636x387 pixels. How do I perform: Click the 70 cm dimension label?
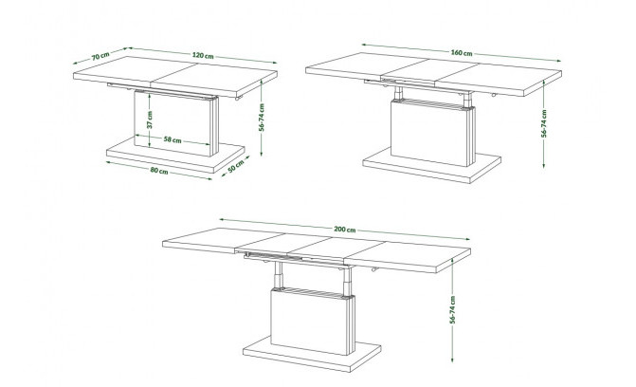click(100, 56)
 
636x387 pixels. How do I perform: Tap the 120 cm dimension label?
click(203, 55)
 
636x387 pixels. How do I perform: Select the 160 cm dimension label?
click(462, 52)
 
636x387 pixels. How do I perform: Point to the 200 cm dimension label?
click(345, 230)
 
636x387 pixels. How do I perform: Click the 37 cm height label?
click(150, 120)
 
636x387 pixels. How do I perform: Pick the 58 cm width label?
click(173, 139)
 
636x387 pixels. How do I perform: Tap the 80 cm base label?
click(159, 171)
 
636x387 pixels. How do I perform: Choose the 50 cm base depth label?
click(235, 166)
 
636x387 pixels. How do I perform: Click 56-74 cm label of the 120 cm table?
click(262, 118)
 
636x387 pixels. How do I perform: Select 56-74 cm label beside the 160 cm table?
click(544, 123)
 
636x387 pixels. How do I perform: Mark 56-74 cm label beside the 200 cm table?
click(453, 310)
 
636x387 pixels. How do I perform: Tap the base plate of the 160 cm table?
click(431, 167)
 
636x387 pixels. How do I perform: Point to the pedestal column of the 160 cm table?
click(433, 133)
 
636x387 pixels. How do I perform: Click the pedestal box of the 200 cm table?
click(313, 322)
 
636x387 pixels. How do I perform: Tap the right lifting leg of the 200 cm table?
click(347, 282)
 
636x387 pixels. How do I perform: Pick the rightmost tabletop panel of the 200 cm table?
click(408, 256)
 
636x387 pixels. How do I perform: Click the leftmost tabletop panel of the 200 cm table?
click(223, 239)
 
